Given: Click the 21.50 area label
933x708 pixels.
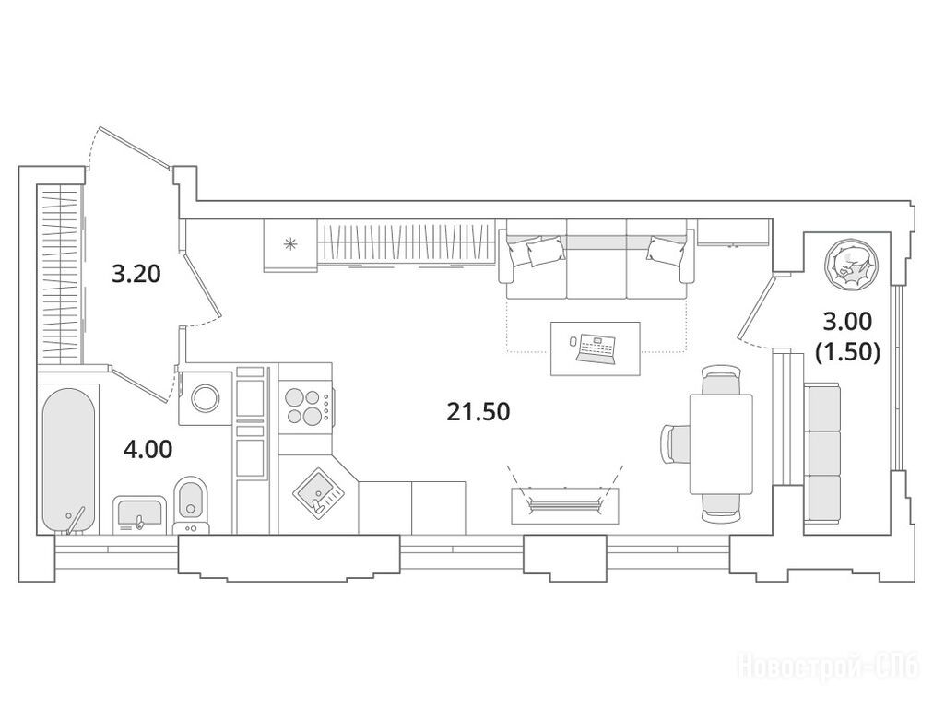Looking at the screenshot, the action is click(478, 412).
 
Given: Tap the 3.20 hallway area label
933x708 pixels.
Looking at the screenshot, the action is click(136, 275).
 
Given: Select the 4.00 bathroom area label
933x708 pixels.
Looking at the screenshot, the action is click(148, 449).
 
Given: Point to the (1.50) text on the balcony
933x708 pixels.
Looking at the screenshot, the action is click(847, 353).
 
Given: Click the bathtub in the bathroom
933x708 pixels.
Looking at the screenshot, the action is click(69, 461).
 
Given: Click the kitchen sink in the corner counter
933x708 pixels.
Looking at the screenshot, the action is click(320, 494).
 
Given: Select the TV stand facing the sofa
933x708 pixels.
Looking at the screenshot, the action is click(566, 506).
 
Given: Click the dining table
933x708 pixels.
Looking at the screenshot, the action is click(721, 443).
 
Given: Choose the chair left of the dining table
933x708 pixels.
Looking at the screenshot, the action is click(676, 443).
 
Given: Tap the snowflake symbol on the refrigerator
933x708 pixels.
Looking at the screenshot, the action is click(290, 243).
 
